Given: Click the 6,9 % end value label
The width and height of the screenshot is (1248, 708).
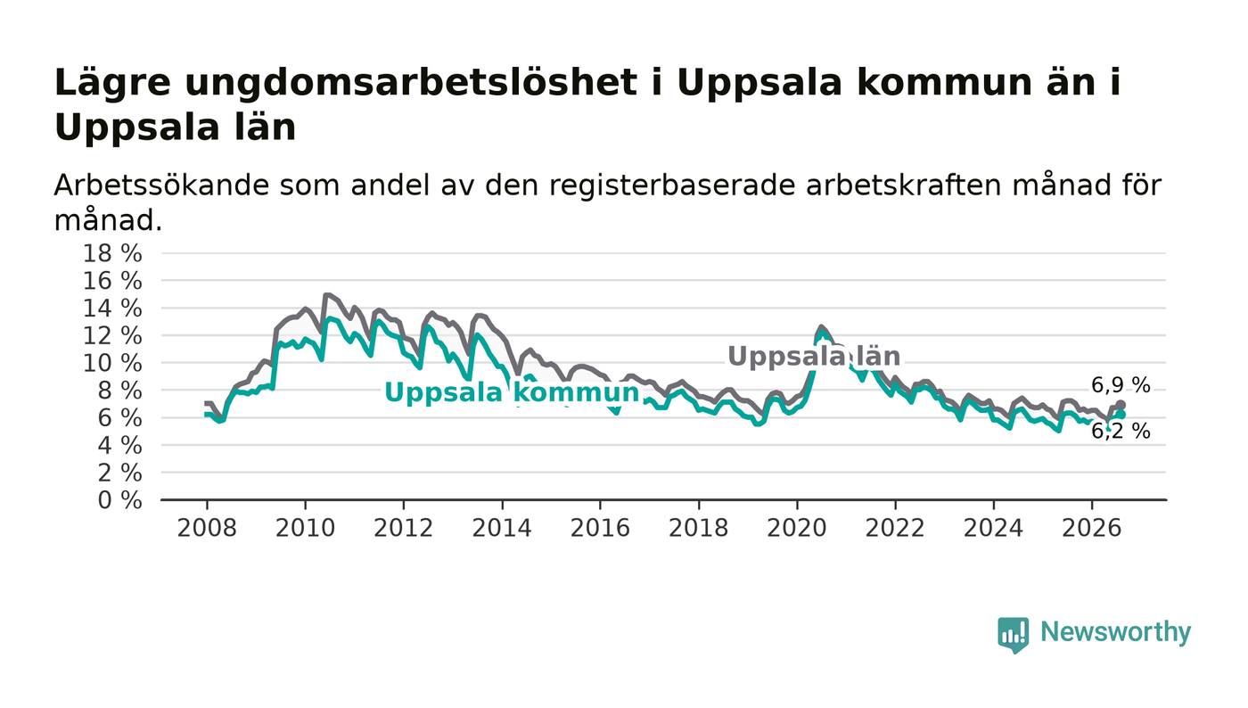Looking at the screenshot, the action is [1121, 385].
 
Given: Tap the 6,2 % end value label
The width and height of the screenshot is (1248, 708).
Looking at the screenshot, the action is [1121, 431].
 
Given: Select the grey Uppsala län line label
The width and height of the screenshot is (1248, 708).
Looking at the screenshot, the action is [814, 357].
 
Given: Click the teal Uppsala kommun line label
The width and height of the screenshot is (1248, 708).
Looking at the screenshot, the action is [512, 392].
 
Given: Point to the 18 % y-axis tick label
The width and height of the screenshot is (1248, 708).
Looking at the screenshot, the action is [112, 253].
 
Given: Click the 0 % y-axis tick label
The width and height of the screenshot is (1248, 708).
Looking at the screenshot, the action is [119, 500].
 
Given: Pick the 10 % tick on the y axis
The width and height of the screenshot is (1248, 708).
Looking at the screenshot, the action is [112, 364].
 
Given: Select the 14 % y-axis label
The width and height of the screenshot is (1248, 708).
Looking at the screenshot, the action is [112, 309].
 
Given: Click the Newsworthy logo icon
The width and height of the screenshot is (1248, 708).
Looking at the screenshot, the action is [1013, 635].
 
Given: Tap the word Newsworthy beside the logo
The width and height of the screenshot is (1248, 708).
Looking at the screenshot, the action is [1115, 632].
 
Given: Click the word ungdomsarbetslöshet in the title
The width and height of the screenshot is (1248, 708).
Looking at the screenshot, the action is [411, 84].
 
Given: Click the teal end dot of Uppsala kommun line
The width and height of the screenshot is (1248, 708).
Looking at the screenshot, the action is [1121, 415].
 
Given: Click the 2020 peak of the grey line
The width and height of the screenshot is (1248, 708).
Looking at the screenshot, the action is [821, 326].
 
